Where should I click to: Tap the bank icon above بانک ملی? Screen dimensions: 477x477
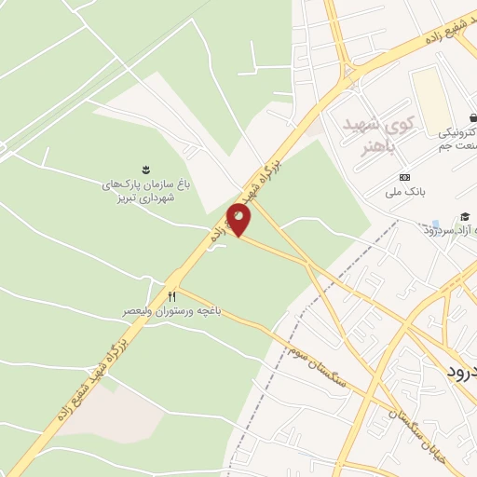coord(403,177)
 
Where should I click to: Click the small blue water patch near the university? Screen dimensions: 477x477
coord(435,225)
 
